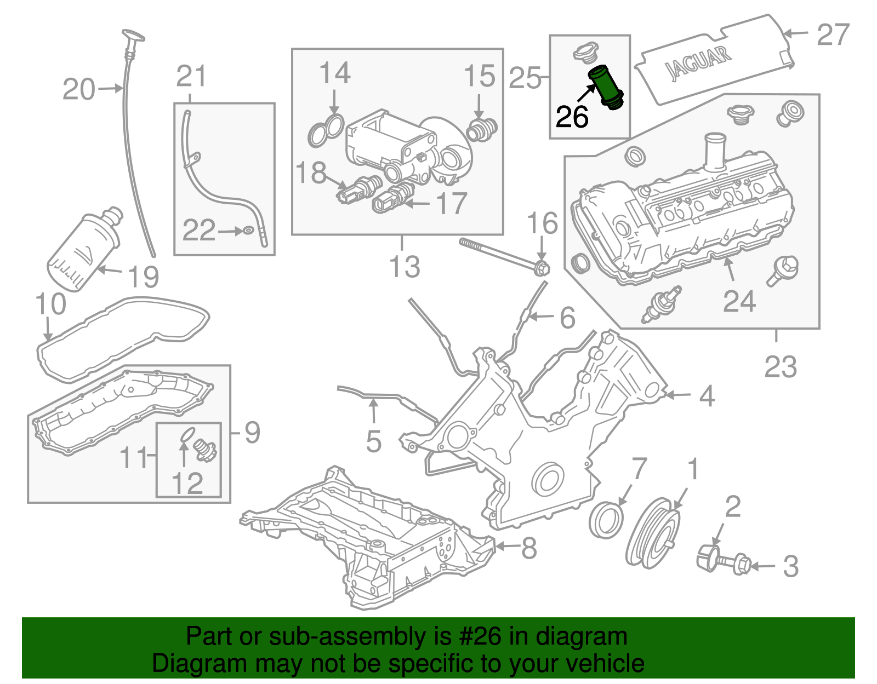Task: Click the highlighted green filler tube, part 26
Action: tap(606, 88)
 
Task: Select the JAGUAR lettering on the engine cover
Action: tap(698, 63)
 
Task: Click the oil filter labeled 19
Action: tap(82, 249)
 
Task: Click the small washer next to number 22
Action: tap(248, 231)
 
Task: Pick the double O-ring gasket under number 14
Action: tap(326, 131)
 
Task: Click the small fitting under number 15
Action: tap(481, 129)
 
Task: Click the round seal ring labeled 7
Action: tap(606, 520)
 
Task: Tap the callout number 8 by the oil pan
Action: tap(528, 547)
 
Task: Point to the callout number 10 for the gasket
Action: tap(50, 304)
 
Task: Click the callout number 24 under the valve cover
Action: tap(739, 301)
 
